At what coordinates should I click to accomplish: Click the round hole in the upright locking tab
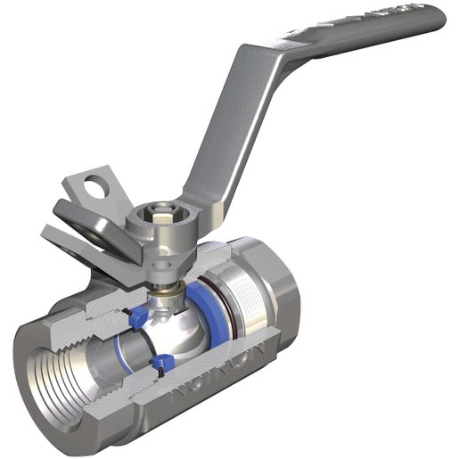94,187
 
